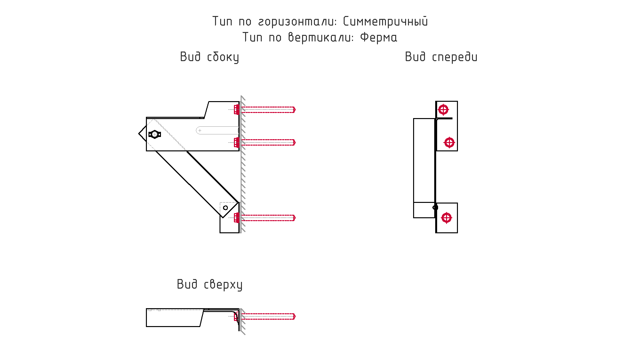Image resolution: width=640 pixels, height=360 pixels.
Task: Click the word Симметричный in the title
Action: click(x=385, y=22)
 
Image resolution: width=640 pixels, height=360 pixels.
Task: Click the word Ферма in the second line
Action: click(x=379, y=37)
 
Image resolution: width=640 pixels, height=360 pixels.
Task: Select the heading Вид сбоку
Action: click(x=210, y=57)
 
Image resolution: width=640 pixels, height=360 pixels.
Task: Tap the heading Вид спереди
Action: click(x=441, y=57)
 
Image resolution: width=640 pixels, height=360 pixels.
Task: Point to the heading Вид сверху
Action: click(x=210, y=284)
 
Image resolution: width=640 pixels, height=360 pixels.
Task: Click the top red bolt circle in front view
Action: click(x=443, y=110)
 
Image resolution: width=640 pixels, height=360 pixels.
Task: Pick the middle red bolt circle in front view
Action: click(x=449, y=142)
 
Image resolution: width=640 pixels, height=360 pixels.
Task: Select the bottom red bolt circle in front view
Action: click(x=446, y=218)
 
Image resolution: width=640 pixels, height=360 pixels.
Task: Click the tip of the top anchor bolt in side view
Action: click(x=295, y=110)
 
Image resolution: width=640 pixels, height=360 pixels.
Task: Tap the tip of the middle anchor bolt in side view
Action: click(x=295, y=142)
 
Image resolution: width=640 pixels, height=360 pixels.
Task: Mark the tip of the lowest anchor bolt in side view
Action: click(x=295, y=218)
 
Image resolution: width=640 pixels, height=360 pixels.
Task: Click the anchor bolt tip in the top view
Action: click(x=295, y=316)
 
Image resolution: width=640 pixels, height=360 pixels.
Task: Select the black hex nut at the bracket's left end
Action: click(x=155, y=134)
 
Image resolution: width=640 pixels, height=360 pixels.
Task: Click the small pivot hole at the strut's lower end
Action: click(x=225, y=208)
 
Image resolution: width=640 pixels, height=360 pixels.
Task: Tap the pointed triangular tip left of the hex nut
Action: click(x=139, y=134)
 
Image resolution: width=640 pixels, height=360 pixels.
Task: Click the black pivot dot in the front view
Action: click(x=435, y=207)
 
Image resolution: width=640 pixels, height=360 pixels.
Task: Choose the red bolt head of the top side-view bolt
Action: click(x=236, y=110)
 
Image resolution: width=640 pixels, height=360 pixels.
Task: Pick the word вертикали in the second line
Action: click(x=321, y=37)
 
